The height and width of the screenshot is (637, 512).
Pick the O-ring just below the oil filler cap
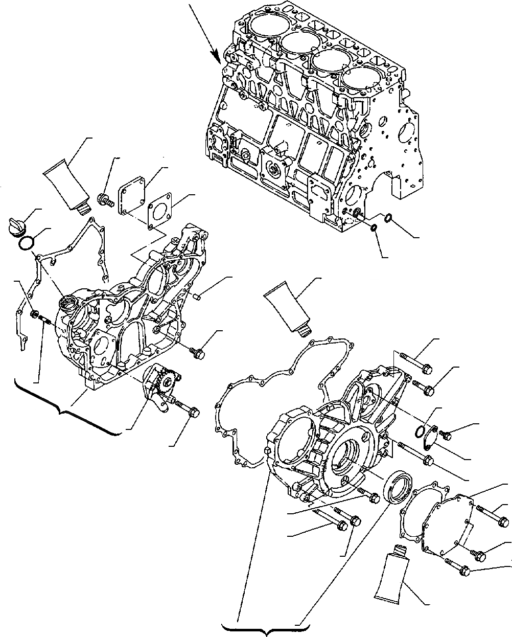click(27, 243)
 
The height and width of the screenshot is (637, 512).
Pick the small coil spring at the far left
click(44, 321)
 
